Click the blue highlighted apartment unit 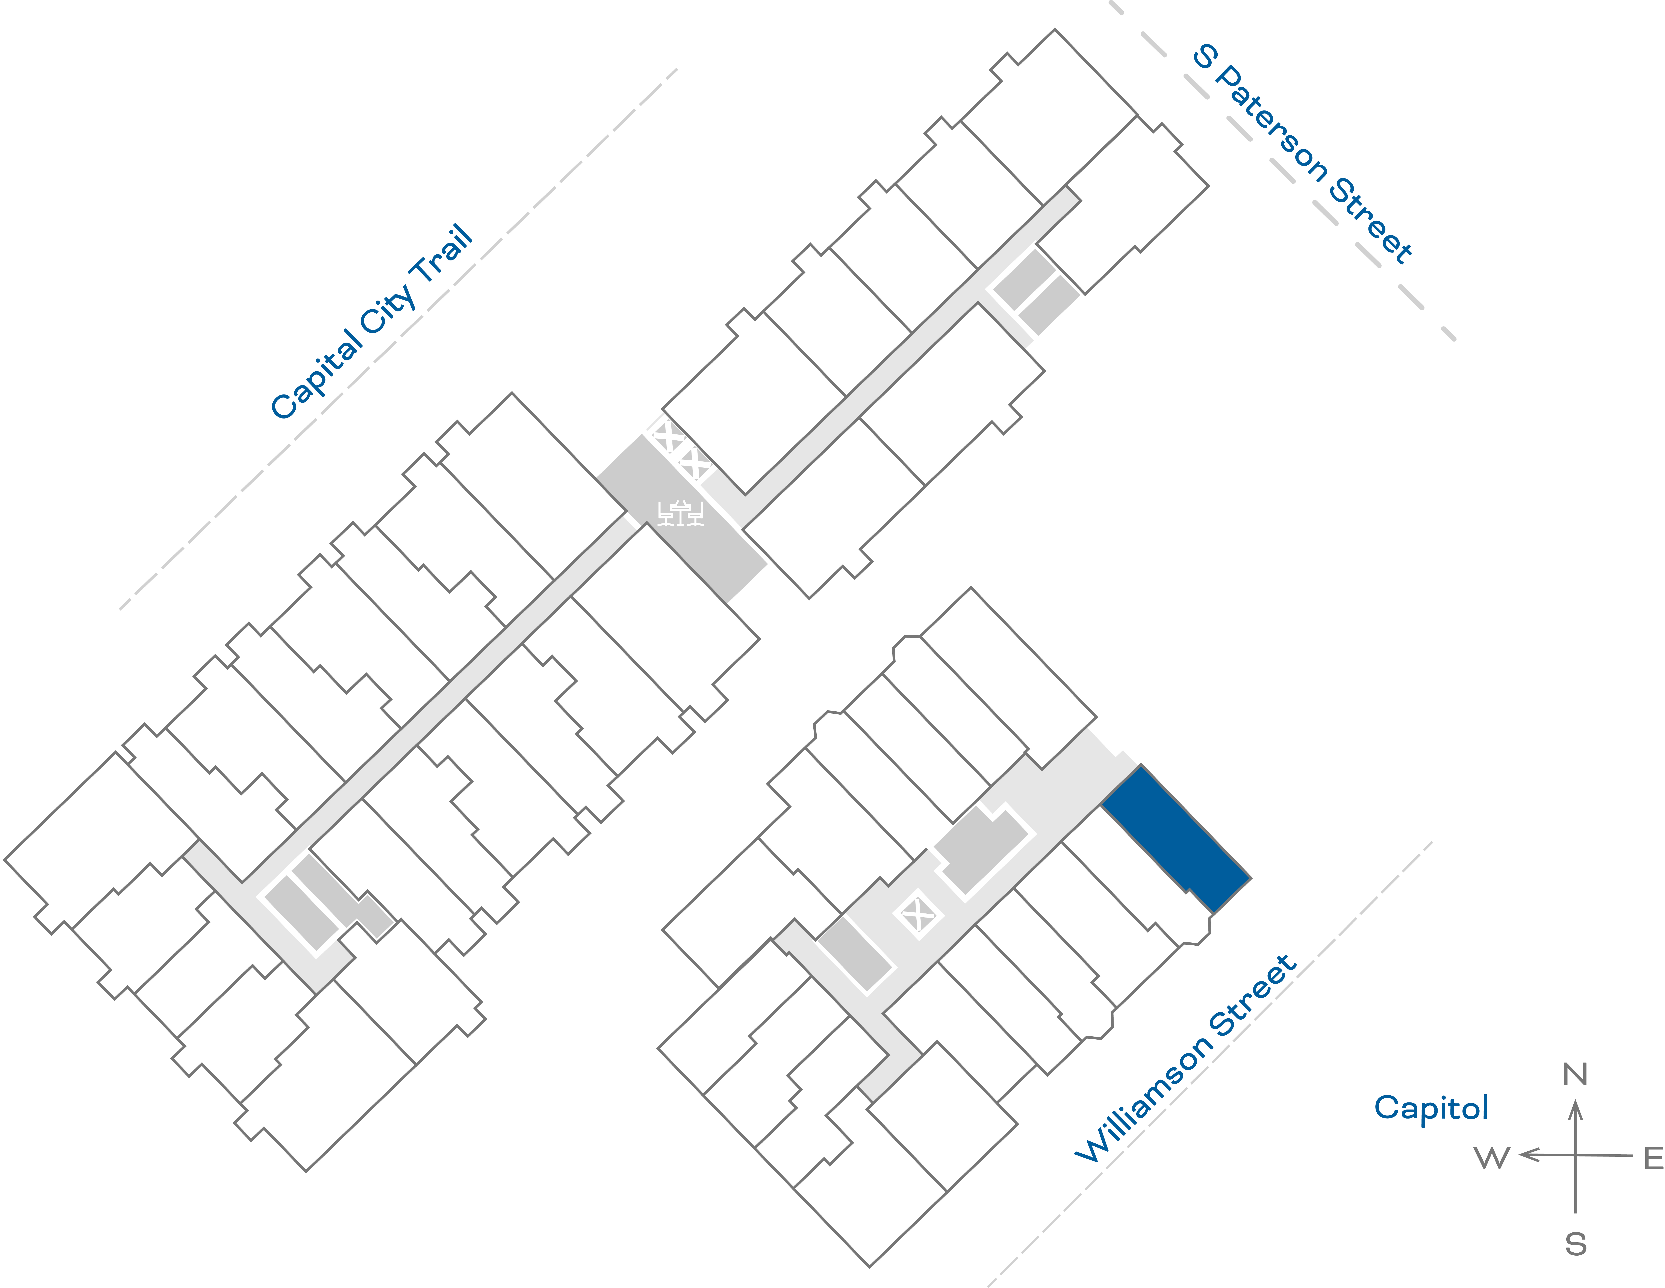coord(1176,838)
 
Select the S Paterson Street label coord(1302,154)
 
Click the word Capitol coord(1431,1107)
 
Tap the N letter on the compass coord(1575,1075)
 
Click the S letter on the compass coord(1576,1244)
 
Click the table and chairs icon coord(680,514)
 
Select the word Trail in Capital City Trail coord(442,255)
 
